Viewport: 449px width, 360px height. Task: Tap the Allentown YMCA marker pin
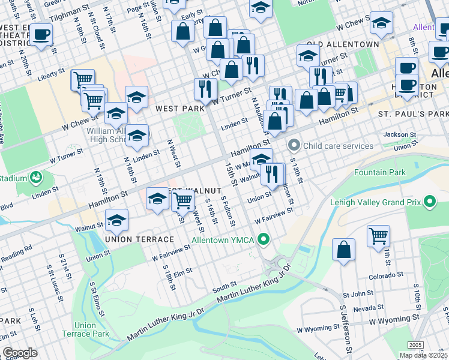point(263,240)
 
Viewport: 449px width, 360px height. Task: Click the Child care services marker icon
point(294,145)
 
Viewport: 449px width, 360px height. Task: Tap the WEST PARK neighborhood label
point(176,109)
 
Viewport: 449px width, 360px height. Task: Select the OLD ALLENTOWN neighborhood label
point(343,44)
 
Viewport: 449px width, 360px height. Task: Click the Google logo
point(20,353)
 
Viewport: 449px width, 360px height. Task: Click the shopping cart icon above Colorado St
point(378,236)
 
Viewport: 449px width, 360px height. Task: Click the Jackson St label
point(400,135)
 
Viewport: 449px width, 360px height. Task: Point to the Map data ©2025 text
point(423,355)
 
